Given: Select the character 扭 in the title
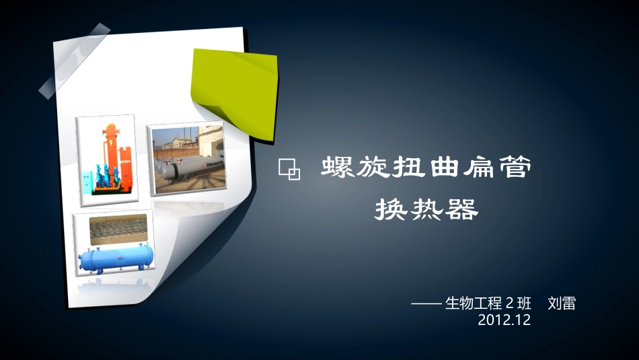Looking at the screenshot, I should pos(411,168).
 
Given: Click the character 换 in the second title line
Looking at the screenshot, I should pos(391,211).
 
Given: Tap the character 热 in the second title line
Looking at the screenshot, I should pos(428,211).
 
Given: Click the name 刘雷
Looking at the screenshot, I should pos(562,303).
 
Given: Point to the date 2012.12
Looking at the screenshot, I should pos(504,320).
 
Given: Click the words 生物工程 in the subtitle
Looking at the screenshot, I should pos(474,303).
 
